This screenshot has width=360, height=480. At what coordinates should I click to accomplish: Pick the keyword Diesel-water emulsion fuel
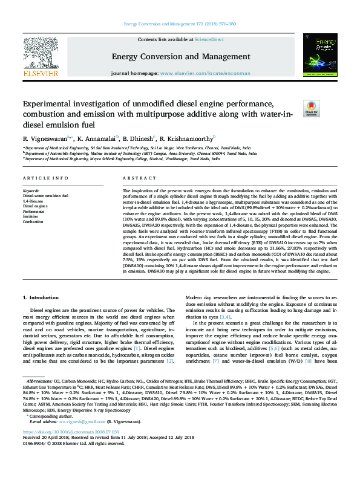pyautogui.click(x=45, y=196)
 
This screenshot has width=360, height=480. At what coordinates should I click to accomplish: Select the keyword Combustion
pyautogui.click(x=34, y=222)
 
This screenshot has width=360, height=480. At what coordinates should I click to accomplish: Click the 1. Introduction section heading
pyautogui.click(x=41, y=297)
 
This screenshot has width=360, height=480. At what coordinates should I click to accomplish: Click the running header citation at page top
pyautogui.click(x=180, y=24)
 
